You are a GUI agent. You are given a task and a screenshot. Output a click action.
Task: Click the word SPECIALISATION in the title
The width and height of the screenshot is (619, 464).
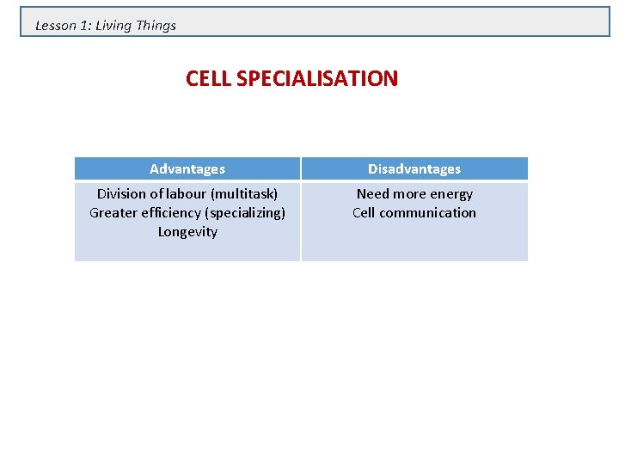[x=316, y=79]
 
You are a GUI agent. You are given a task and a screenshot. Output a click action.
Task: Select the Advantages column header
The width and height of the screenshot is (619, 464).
[x=187, y=169]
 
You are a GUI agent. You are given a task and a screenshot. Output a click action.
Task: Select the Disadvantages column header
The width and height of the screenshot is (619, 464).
[x=414, y=169]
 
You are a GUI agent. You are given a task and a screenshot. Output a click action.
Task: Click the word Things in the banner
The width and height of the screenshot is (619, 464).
[x=156, y=26]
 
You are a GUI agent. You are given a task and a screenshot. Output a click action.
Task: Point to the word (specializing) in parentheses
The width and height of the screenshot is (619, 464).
[x=246, y=213]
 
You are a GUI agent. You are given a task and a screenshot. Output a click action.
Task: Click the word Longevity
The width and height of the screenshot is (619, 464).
[x=187, y=232]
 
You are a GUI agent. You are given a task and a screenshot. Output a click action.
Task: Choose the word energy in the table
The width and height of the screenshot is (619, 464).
[x=452, y=194]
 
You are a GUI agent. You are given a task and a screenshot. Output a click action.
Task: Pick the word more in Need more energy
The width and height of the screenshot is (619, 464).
[x=411, y=194]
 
